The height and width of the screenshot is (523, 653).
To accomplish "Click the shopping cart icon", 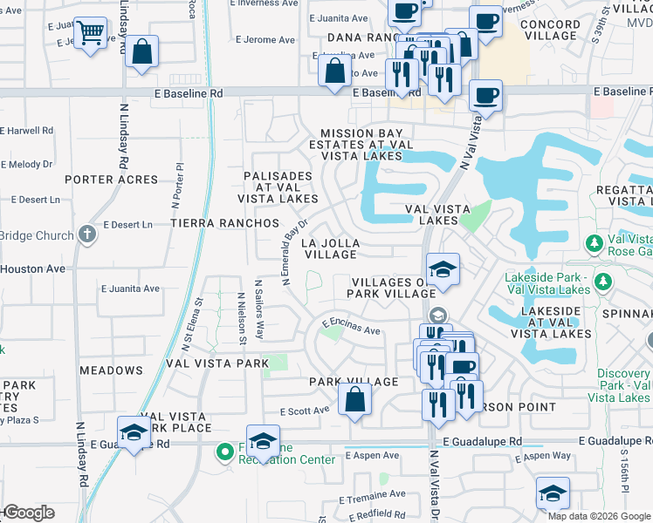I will pos(91,34).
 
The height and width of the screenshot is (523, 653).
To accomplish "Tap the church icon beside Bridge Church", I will pos(86,234).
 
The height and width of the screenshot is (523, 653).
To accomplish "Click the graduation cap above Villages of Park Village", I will pos(443,269).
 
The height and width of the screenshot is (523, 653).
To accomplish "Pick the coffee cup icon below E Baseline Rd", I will pos(485,94).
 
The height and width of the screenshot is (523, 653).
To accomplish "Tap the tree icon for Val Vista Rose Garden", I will pos(594,241).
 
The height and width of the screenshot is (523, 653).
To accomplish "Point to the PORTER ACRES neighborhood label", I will pos(111,180).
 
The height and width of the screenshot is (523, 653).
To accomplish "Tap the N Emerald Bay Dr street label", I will pos(295,252).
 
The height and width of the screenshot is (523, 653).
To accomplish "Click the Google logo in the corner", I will pos(28,513).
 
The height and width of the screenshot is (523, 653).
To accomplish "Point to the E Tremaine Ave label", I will pos(374,492).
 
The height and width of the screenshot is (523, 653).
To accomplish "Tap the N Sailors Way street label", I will pos(258,310).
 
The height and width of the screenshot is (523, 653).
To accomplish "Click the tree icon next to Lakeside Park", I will pos(603,280).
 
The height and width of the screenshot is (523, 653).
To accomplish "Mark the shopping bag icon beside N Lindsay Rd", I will pos(141,51).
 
